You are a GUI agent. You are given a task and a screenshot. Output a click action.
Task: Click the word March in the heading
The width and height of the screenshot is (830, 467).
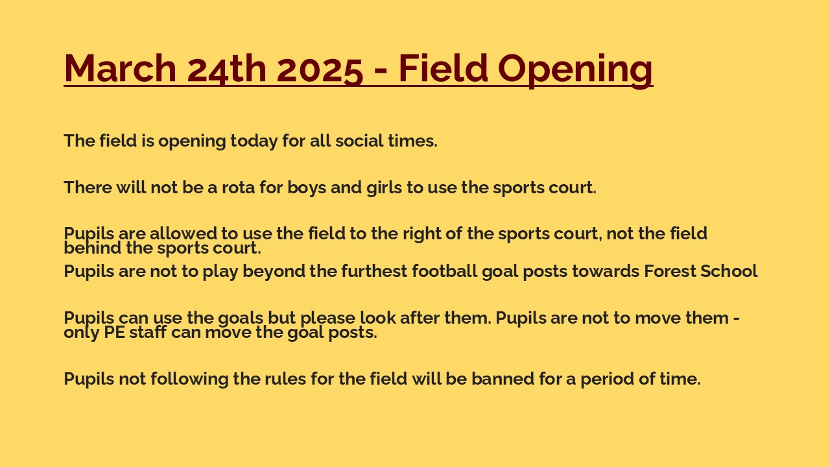pyautogui.click(x=120, y=68)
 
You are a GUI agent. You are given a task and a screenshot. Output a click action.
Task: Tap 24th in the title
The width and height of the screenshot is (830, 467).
pyautogui.click(x=227, y=69)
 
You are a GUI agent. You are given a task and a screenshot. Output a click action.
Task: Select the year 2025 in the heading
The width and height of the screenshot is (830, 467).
pyautogui.click(x=320, y=69)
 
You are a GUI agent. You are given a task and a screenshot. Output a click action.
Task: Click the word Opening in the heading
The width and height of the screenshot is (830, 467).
pyautogui.click(x=575, y=71)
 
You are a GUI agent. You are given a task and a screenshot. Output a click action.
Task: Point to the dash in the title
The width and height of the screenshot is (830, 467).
pyautogui.click(x=381, y=71)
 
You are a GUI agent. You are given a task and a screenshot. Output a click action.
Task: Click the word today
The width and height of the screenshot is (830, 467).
pyautogui.click(x=254, y=141)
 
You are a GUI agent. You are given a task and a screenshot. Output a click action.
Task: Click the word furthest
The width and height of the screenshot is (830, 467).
pyautogui.click(x=374, y=271)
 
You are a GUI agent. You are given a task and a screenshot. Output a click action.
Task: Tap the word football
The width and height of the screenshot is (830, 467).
pyautogui.click(x=445, y=271)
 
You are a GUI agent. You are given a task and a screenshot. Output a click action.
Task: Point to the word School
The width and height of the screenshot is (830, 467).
pyautogui.click(x=728, y=271)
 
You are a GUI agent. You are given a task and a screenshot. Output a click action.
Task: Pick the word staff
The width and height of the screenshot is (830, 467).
pyautogui.click(x=147, y=331)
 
